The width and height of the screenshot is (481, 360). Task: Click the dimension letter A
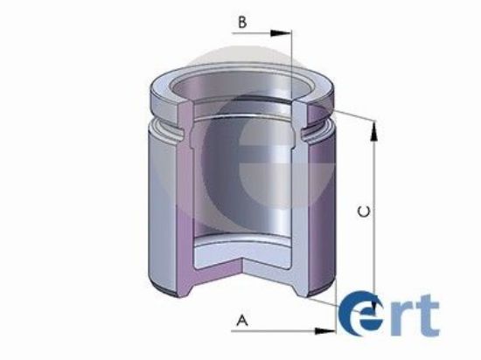(x=243, y=320)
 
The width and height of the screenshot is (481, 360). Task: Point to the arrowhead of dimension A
(x=330, y=330)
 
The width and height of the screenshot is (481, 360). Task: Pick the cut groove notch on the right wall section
(x=310, y=133)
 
